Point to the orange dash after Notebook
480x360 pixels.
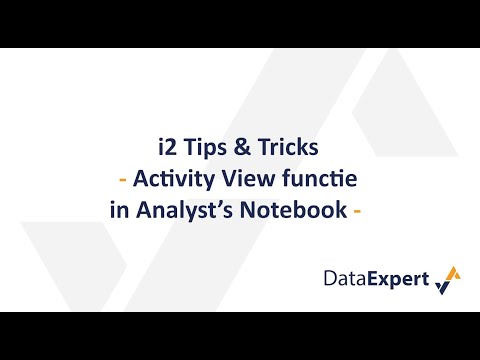(355, 212)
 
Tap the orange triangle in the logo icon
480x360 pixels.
(452, 272)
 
